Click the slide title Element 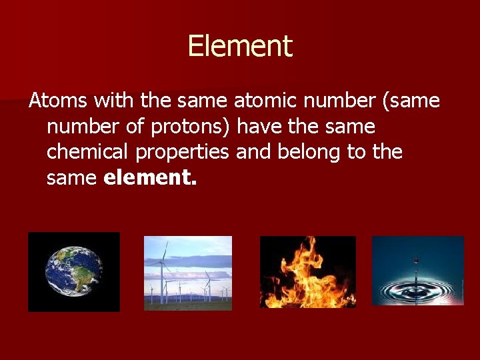click(240, 47)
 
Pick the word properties click(183, 152)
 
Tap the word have click(261, 126)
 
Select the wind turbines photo click(188, 273)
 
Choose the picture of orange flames click(307, 272)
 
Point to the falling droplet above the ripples click(417, 259)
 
